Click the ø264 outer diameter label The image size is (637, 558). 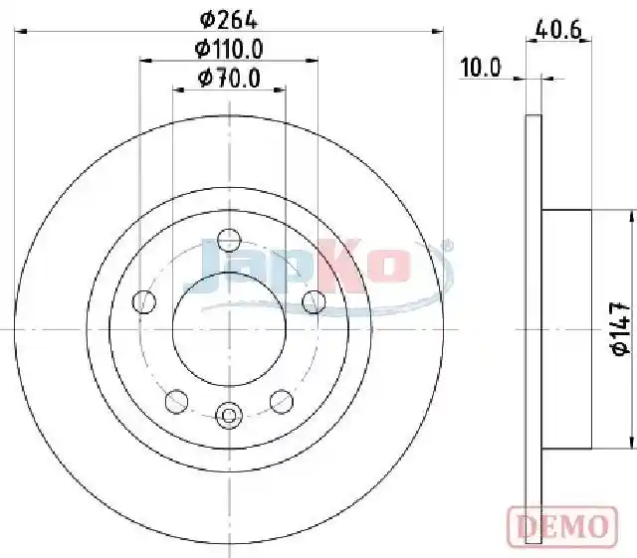tap(229, 20)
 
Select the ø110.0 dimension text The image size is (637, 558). tap(229, 49)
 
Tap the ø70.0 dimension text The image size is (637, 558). tap(229, 79)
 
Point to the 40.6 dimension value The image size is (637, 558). tap(558, 30)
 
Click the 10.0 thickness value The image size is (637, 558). tap(481, 67)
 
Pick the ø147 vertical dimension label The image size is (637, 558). tap(621, 328)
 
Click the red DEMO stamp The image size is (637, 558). tap(562, 526)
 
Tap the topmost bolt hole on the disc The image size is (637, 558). tap(229, 240)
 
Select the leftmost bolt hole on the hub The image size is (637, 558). tap(143, 301)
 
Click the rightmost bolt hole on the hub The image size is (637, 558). tap(315, 301)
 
